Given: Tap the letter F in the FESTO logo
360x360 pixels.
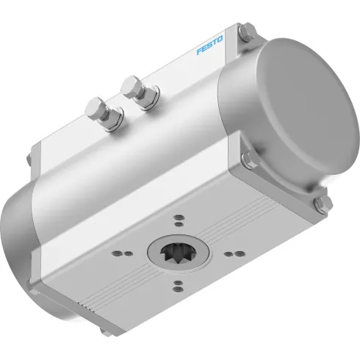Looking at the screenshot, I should pyautogui.click(x=199, y=53).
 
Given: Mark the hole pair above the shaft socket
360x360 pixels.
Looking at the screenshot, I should pyautogui.click(x=179, y=218).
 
